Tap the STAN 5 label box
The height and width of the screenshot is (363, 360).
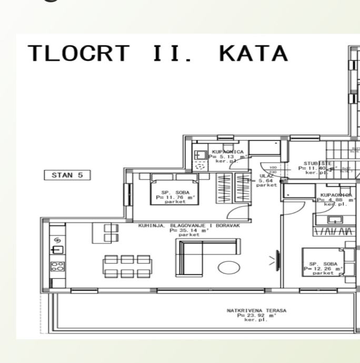coord(67,175)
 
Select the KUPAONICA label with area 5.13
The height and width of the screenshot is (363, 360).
coord(228,156)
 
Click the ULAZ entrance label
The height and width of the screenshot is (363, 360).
coord(268,180)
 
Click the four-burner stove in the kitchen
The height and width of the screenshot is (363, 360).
coord(57,266)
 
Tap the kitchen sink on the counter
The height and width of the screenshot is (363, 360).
coord(57,249)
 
